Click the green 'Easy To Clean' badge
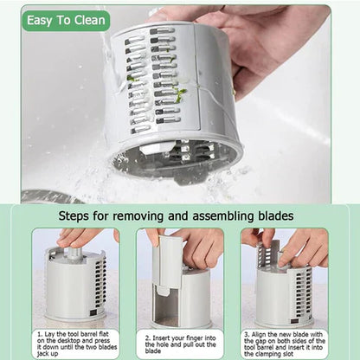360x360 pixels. pyautogui.click(x=67, y=21)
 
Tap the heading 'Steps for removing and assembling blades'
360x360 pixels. pyautogui.click(x=180, y=215)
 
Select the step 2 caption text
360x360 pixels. pyautogui.click(x=180, y=342)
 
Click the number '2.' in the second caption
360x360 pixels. pyautogui.click(x=144, y=332)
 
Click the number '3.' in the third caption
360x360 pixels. pyautogui.click(x=247, y=332)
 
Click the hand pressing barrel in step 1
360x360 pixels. pyautogui.click(x=82, y=235)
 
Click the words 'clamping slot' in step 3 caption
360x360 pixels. pyautogui.click(x=294, y=351)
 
